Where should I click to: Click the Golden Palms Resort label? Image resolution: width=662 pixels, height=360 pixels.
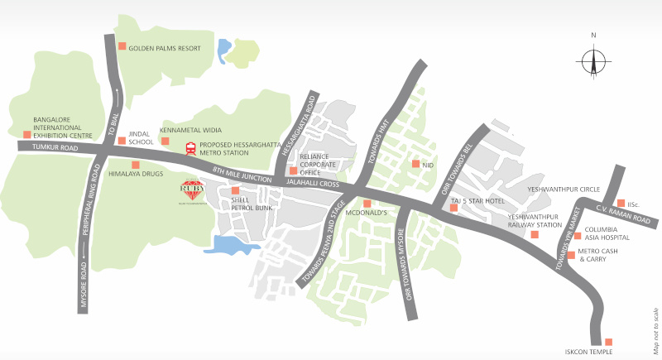[165, 48]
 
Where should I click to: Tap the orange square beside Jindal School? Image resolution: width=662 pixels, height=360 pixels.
[121, 140]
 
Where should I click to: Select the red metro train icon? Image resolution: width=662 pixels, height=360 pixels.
[191, 149]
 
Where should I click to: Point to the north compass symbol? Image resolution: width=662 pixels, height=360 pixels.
[593, 60]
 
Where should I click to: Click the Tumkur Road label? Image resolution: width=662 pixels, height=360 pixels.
[55, 147]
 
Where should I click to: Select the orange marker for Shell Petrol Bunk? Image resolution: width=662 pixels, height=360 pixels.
[236, 191]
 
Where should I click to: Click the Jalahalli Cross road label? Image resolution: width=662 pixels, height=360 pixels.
[312, 182]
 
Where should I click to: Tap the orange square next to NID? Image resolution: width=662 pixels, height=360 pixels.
[415, 164]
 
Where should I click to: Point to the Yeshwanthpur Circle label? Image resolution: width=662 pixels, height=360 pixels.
[564, 189]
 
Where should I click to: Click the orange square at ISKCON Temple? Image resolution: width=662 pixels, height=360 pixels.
[608, 342]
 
